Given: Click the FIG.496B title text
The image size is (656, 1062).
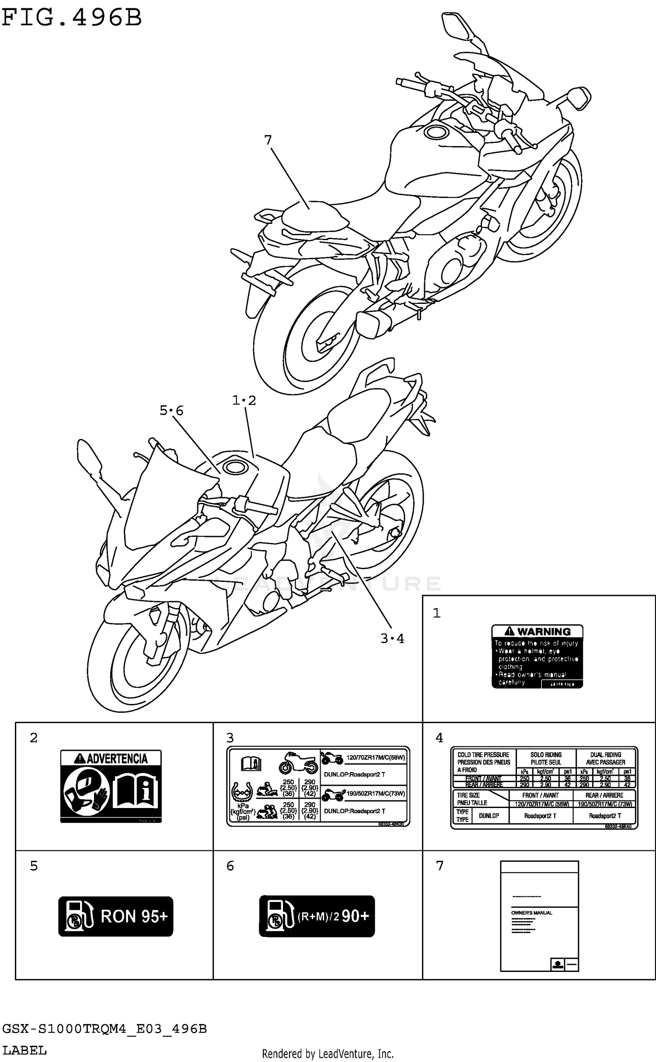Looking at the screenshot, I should pyautogui.click(x=72, y=18).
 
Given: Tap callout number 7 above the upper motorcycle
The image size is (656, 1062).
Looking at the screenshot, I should pyautogui.click(x=268, y=140).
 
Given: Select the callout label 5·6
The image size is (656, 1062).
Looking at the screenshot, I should pyautogui.click(x=171, y=411).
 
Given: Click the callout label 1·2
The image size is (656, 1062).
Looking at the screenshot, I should pyautogui.click(x=244, y=400).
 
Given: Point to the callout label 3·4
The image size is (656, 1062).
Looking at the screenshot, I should pyautogui.click(x=392, y=639).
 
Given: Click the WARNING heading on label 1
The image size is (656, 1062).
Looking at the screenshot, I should pyautogui.click(x=543, y=631).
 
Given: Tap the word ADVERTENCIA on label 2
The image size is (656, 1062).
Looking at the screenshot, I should pyautogui.click(x=117, y=759).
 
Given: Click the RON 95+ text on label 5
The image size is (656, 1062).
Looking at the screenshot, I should pyautogui.click(x=134, y=916).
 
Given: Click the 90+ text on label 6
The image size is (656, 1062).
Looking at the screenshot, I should pyautogui.click(x=355, y=916).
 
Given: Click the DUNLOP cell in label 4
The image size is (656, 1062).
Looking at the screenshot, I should pyautogui.click(x=489, y=816).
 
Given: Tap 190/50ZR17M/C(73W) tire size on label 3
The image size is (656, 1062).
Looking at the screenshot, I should pyautogui.click(x=375, y=794).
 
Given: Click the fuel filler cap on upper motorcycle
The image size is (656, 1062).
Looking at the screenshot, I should pyautogui.click(x=435, y=131).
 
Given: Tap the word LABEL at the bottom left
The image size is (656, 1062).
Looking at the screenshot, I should pyautogui.click(x=24, y=1050).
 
